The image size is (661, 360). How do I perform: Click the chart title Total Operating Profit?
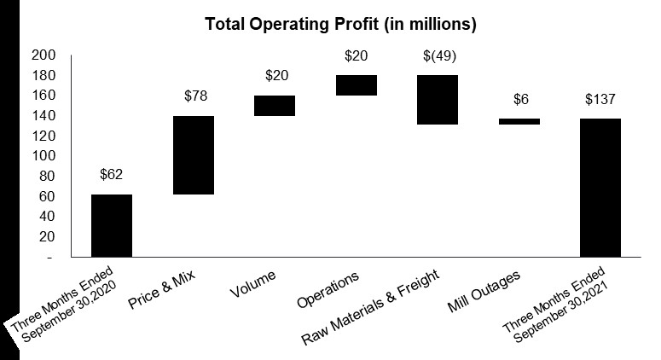coord(340,25)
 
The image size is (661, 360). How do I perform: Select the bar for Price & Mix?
coord(194,155)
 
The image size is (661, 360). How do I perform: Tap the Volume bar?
coord(275,105)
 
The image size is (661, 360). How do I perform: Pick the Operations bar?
coord(357,85)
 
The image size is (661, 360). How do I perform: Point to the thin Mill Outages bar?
coord(519,121)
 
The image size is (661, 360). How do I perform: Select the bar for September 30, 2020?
coord(112,225)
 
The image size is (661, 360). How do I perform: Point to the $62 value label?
coord(112,176)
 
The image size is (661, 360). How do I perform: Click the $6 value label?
coord(519,100)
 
